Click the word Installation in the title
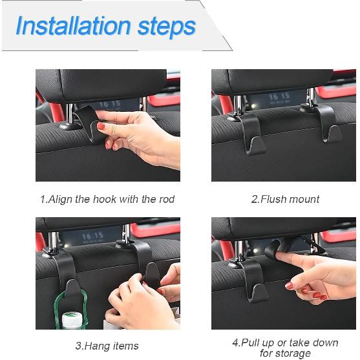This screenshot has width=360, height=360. (x=72, y=26)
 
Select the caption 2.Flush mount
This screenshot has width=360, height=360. (x=285, y=199)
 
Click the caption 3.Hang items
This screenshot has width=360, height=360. (x=107, y=346)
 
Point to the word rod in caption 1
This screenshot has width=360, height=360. (x=165, y=199)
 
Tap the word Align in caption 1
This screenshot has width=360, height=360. (x=63, y=199)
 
